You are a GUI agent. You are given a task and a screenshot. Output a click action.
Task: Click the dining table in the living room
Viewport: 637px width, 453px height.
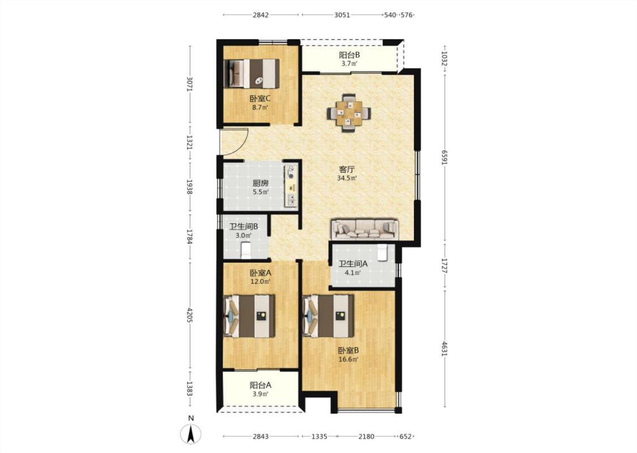pos(349,113)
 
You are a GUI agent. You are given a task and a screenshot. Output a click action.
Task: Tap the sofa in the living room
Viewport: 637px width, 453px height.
pos(365,229)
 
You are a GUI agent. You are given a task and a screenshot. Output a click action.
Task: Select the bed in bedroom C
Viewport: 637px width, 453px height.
pos(251,73)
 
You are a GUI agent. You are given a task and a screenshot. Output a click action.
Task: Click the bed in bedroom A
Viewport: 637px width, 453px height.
pos(249,315)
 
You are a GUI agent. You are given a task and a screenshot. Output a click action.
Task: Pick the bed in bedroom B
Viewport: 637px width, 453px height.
pos(328,315)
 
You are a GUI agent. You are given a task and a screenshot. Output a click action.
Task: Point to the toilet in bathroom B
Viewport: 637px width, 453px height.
pos(246,250)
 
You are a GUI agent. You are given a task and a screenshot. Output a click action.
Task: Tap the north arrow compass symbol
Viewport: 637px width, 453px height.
pos(190,433)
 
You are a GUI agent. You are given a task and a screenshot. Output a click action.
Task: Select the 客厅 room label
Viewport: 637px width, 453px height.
pos(347,169)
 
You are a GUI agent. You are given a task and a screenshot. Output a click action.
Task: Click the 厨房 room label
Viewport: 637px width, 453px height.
pos(260,183)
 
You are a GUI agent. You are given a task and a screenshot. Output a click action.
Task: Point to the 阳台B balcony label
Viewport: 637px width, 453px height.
pos(349,55)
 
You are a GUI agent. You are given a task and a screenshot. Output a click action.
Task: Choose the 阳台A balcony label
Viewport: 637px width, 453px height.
pos(260,385)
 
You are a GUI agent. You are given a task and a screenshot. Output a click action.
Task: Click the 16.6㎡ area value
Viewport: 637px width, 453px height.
pos(349,360)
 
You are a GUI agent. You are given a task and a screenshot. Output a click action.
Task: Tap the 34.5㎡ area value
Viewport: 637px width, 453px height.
pos(347,178)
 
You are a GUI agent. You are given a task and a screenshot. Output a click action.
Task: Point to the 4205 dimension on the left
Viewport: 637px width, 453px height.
pos(189,315)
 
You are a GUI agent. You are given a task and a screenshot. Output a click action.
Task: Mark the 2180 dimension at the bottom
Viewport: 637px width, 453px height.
pos(366,437)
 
